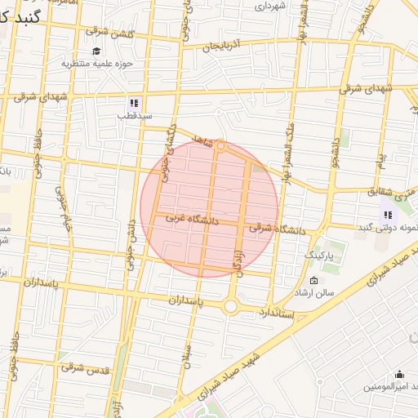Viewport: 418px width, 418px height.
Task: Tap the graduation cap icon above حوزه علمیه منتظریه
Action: (96, 51)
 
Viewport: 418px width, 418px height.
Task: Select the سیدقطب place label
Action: (133, 115)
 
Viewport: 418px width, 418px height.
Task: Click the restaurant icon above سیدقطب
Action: (133, 104)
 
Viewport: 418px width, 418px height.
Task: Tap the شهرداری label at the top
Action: (271, 6)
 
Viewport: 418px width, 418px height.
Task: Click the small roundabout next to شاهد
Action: (220, 146)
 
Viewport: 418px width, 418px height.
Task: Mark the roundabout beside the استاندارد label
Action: (231, 307)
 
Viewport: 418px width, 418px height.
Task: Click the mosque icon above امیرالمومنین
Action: (399, 375)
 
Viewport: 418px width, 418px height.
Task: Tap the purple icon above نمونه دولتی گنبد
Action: (387, 215)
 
